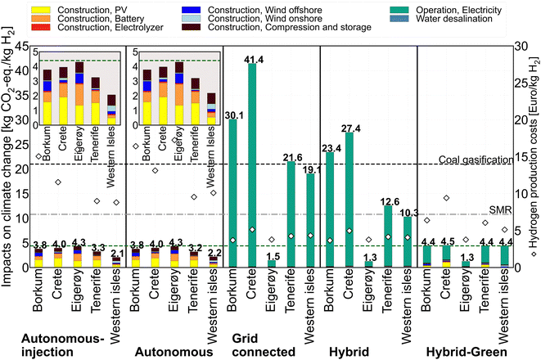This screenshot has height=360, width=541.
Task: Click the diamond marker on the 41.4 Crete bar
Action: click(252, 230)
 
